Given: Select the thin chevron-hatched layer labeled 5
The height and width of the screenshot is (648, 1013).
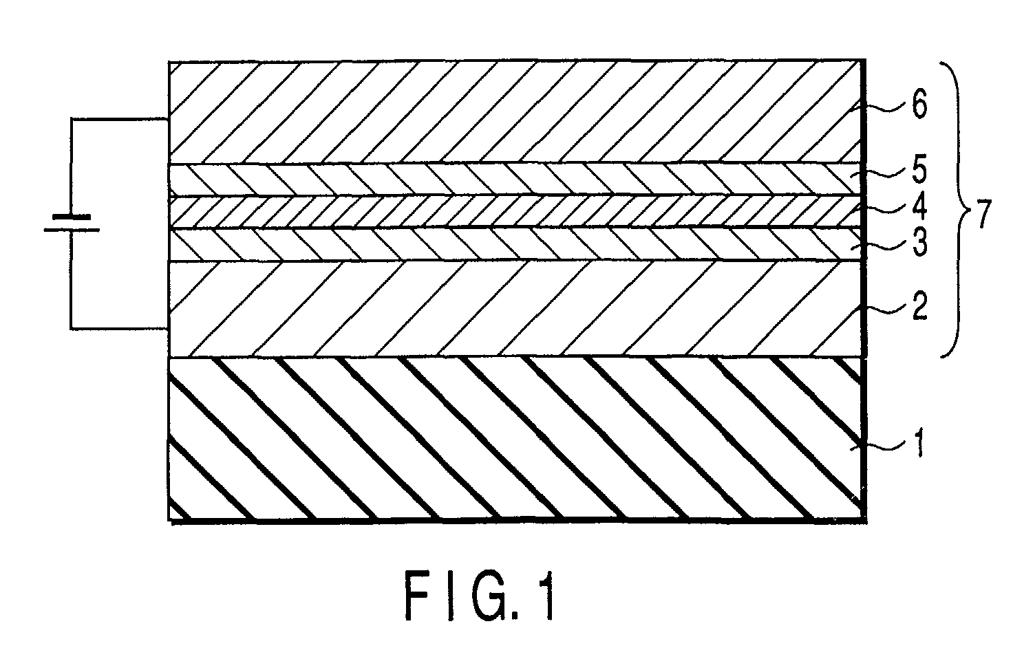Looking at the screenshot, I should coord(482,179).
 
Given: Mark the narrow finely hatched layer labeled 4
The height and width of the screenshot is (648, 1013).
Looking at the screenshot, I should coord(482,211).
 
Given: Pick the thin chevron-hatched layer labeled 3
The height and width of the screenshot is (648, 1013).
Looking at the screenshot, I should coord(482,244).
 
